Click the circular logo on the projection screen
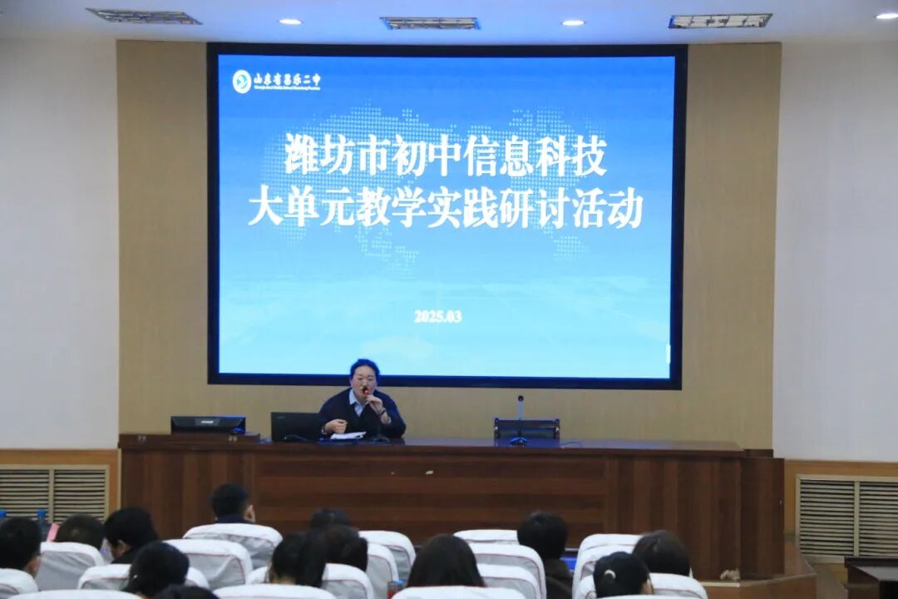tap(241, 81)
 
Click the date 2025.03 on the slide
tap(437, 316)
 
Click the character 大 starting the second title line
tap(264, 210)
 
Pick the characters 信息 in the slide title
tap(499, 156)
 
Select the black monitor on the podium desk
tap(208, 424)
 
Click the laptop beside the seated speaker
tap(295, 426)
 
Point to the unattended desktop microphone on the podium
tap(521, 420)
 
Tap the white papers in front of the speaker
tap(348, 435)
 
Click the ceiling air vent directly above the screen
tap(430, 23)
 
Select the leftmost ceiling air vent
tap(143, 16)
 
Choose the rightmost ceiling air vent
tap(720, 21)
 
